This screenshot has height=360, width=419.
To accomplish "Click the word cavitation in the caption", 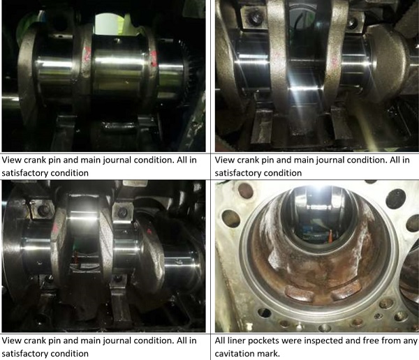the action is coord(233,354).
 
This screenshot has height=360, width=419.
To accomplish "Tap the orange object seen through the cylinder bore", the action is coord(331,237).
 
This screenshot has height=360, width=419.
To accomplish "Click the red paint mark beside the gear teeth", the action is coord(154,57).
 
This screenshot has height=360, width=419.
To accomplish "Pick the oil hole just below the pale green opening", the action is coord(117,41).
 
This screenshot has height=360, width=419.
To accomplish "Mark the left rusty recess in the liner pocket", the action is coord(299,292).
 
